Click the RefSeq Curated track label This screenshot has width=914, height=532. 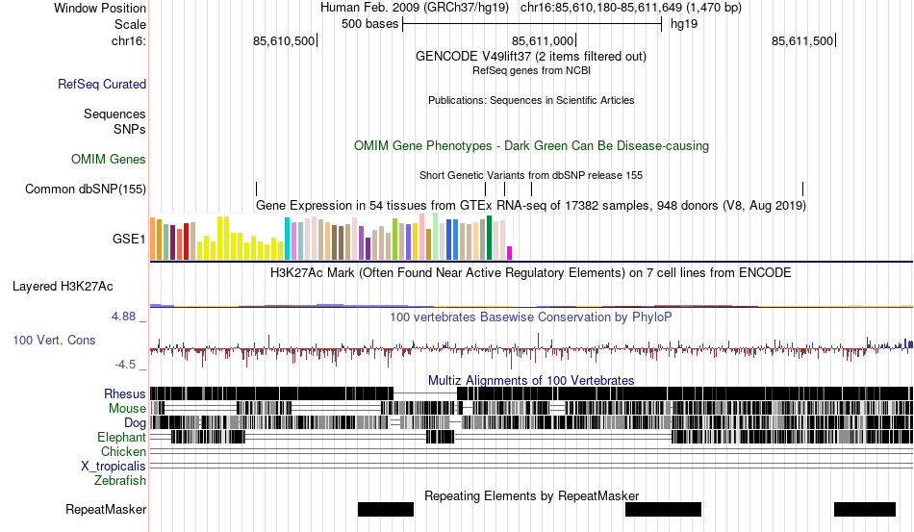(x=102, y=85)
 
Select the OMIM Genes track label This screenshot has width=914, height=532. (x=109, y=159)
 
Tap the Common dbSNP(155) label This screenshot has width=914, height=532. (x=86, y=189)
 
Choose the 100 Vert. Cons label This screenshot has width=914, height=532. (x=54, y=340)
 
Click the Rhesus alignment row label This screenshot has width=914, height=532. (x=125, y=393)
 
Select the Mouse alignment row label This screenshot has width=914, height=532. (x=127, y=408)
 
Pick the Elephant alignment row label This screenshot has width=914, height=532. (x=121, y=437)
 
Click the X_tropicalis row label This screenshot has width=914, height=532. (x=114, y=466)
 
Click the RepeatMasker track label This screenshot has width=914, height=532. (x=106, y=509)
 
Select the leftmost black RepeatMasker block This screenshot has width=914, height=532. (x=386, y=509)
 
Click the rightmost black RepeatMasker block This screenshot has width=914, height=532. (x=865, y=509)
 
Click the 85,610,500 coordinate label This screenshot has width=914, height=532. (x=284, y=41)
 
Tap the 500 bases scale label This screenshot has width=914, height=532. (x=369, y=24)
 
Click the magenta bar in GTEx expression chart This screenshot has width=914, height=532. (x=510, y=253)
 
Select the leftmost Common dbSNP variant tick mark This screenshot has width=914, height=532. (x=256, y=189)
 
